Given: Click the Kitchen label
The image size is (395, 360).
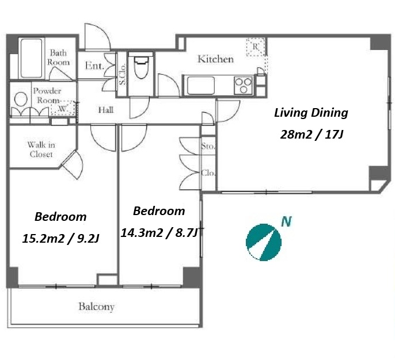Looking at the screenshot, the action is coord(215,59).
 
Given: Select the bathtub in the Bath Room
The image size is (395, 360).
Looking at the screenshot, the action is coord(31,58).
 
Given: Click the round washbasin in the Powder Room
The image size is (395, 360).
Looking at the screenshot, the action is coord(21,99).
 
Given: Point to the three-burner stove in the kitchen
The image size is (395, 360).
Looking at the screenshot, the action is coord(243,85).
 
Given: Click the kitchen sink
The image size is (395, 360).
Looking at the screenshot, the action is coord(201,85).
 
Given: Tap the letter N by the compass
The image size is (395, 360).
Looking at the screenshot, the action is coord(286,221).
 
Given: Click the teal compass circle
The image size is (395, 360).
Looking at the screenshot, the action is coord(264,242).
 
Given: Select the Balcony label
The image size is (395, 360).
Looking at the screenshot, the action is coord(97,307).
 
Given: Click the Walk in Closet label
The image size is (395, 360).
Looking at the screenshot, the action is coord(41,150).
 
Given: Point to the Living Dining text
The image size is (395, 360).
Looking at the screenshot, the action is coord(311,113).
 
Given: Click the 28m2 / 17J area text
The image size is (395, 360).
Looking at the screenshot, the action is coord(312,135).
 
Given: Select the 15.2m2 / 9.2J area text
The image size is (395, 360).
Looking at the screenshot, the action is coord(60,239).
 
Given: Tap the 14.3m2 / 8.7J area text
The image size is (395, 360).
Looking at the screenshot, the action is coord(159,233).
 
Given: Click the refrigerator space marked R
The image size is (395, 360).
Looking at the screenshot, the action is coord(256,47).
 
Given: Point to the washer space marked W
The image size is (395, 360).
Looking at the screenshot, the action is coord(63,109).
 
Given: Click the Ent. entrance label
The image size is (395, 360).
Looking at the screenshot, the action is coord(94,66).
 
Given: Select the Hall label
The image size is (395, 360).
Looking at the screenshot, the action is coord(106,110).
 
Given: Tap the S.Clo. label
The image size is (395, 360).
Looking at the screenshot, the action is coord(122,74).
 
